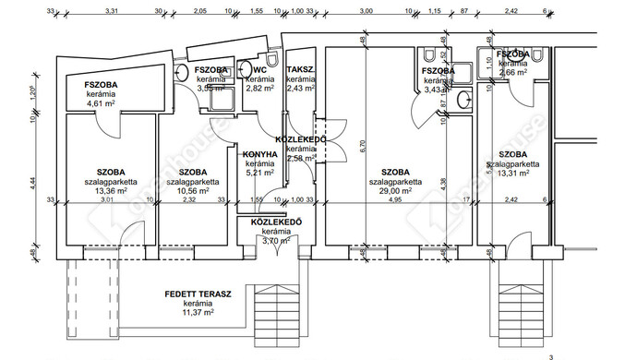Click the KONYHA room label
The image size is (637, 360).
pos(260,154)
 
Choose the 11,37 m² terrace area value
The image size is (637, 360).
pos(197,313)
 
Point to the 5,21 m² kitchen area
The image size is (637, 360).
pos(260,172)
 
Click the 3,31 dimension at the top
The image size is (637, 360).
pos(112,10)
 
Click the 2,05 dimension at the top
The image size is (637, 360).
pos(199,10)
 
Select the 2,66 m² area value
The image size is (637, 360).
pos(513,70)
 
